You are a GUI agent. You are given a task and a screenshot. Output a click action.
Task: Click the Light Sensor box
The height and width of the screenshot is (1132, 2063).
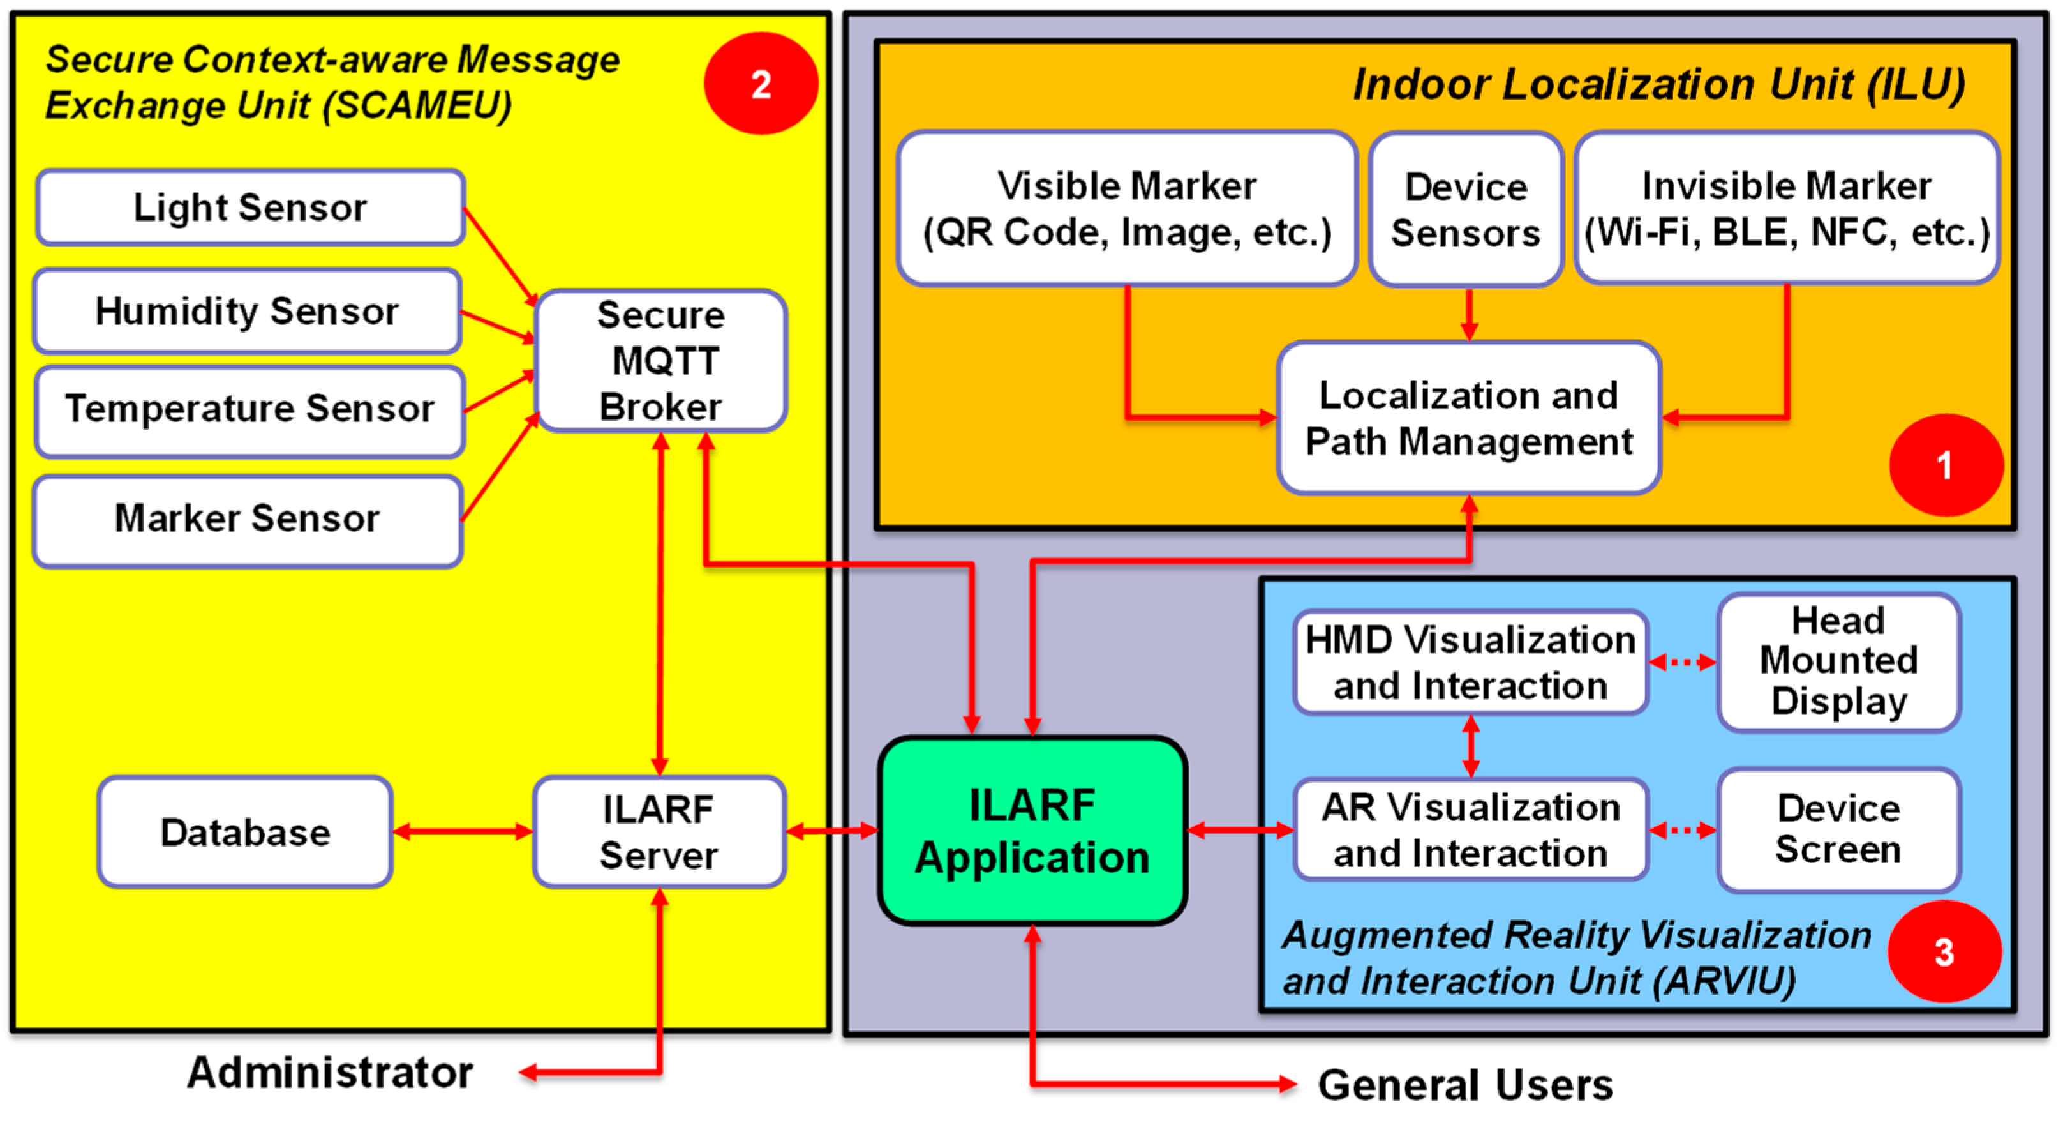[250, 208]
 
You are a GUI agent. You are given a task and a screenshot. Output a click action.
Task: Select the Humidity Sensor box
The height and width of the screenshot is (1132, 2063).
[247, 311]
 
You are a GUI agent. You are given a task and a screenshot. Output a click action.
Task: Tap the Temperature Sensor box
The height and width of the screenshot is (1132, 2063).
[250, 409]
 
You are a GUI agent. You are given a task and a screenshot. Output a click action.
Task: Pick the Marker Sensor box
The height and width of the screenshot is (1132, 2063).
[247, 519]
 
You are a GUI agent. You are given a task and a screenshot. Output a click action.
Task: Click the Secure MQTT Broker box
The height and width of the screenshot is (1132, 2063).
[660, 361]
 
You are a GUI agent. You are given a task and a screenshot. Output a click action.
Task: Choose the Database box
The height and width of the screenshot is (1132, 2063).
[245, 833]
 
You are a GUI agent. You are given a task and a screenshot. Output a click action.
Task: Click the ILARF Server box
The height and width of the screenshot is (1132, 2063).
[659, 833]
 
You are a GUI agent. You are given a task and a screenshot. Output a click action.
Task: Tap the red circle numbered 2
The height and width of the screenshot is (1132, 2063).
[761, 83]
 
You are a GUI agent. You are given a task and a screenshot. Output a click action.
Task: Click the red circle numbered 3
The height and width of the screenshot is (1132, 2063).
[1944, 952]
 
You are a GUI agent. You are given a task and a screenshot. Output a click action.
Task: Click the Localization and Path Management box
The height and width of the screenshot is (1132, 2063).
[1469, 419]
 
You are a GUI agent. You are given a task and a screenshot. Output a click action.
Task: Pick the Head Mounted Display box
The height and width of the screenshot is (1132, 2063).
[1839, 661]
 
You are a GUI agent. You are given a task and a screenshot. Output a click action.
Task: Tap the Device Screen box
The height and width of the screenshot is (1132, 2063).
[1839, 830]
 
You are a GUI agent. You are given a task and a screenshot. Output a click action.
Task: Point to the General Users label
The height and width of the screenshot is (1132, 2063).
[1466, 1085]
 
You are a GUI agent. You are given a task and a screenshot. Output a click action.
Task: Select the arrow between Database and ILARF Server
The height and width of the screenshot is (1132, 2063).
[463, 833]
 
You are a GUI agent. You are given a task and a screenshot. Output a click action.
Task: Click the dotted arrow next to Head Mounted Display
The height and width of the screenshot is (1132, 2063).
[1683, 661]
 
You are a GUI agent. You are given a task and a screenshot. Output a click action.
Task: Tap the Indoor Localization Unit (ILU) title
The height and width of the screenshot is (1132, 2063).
[1658, 84]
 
